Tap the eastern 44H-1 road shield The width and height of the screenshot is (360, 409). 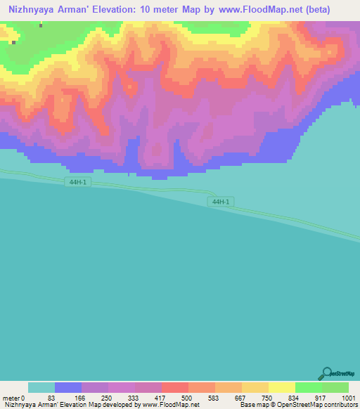click(x=220, y=202)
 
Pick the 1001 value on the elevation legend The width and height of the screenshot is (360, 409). click(x=349, y=398)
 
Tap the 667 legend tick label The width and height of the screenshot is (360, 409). click(x=239, y=398)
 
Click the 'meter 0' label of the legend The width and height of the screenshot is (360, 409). click(x=14, y=398)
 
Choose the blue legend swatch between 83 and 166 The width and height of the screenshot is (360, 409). click(x=68, y=387)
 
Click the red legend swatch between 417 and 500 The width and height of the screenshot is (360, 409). click(x=175, y=387)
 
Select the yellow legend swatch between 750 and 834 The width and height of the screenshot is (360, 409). click(x=282, y=387)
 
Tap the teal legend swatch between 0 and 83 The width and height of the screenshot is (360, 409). click(x=41, y=387)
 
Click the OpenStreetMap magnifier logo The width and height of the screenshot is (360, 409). click(x=326, y=372)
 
